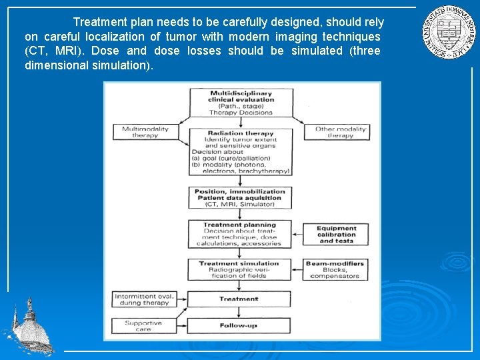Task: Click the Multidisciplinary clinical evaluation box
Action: pos(241,103)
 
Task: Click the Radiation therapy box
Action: pos(241,152)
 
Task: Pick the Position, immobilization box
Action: pos(241,197)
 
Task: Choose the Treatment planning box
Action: pos(241,234)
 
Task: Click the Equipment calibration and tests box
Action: pos(336,234)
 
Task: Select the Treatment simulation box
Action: pos(241,269)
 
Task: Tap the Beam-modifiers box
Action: pos(336,269)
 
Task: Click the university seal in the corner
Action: pos(447,33)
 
